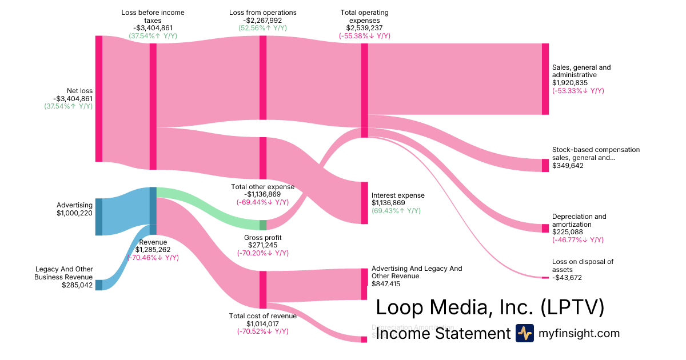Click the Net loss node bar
(99, 98)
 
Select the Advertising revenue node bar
(99, 217)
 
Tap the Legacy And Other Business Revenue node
(99, 285)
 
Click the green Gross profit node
(263, 225)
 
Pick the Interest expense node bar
(364, 203)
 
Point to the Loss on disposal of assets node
(545, 278)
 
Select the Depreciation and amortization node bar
(545, 228)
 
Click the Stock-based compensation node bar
(545, 165)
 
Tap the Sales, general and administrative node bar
(545, 79)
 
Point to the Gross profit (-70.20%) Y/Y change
(263, 253)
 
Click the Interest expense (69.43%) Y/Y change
(396, 211)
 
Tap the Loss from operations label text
(263, 12)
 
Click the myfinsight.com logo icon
(524, 333)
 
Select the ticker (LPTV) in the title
(572, 307)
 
